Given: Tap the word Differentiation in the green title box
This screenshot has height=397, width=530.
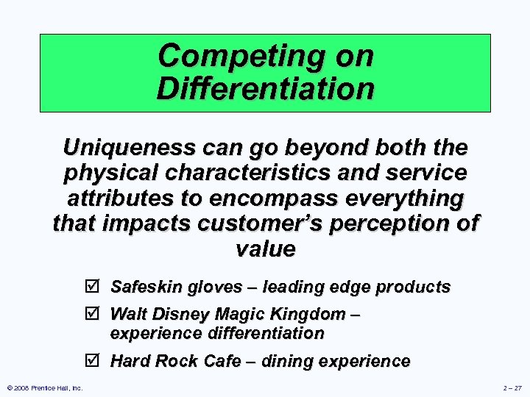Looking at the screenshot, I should click(265, 90).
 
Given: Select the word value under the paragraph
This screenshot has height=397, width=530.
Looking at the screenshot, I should click(265, 248).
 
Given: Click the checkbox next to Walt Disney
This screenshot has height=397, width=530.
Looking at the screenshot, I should click(96, 315).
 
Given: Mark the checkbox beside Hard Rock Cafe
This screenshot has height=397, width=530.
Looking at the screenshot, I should click(96, 361).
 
